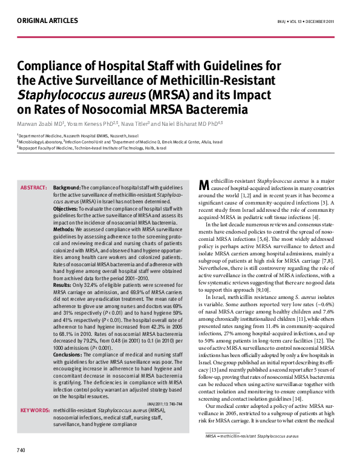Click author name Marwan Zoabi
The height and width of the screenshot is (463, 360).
[38, 124]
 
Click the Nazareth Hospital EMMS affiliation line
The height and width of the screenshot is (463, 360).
[77, 137]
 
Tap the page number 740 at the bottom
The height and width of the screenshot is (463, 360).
[21, 450]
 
